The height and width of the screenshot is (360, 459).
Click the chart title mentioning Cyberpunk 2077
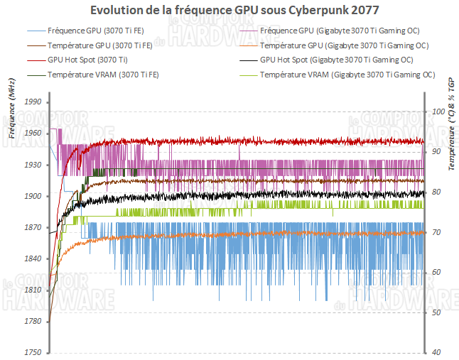[230, 10]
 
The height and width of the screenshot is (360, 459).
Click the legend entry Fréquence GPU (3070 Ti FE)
[89, 31]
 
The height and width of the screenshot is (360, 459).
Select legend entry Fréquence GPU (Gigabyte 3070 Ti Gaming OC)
[336, 31]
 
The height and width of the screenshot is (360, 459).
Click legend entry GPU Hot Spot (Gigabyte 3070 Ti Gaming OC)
[337, 60]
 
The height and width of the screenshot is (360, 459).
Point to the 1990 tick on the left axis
[33, 102]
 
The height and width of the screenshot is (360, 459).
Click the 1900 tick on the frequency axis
[33, 196]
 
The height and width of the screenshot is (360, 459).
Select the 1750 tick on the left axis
[33, 353]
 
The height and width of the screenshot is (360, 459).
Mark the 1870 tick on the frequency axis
[33, 227]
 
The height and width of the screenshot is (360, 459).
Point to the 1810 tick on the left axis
[33, 290]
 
